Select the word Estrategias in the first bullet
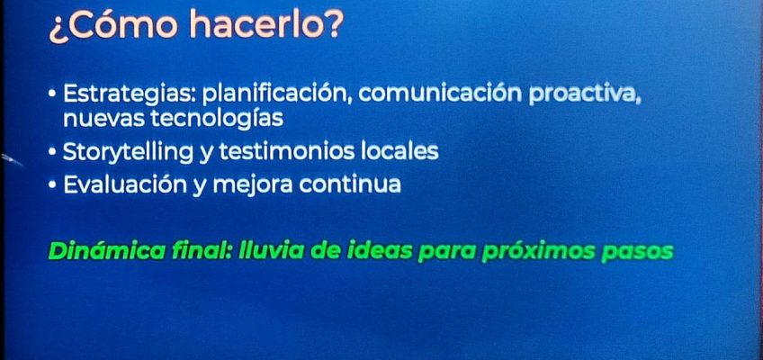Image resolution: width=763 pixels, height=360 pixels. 129,94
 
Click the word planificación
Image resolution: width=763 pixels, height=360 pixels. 277,94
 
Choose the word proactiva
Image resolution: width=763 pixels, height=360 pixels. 585,94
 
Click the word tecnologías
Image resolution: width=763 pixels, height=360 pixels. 217,119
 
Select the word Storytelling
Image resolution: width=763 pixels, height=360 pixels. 128,152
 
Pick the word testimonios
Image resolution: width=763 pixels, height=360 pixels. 287,151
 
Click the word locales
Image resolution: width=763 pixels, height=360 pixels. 399,151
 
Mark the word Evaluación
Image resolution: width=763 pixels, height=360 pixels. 124,184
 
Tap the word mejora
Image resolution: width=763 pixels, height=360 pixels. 252,185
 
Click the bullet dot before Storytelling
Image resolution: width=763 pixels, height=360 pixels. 52,152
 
